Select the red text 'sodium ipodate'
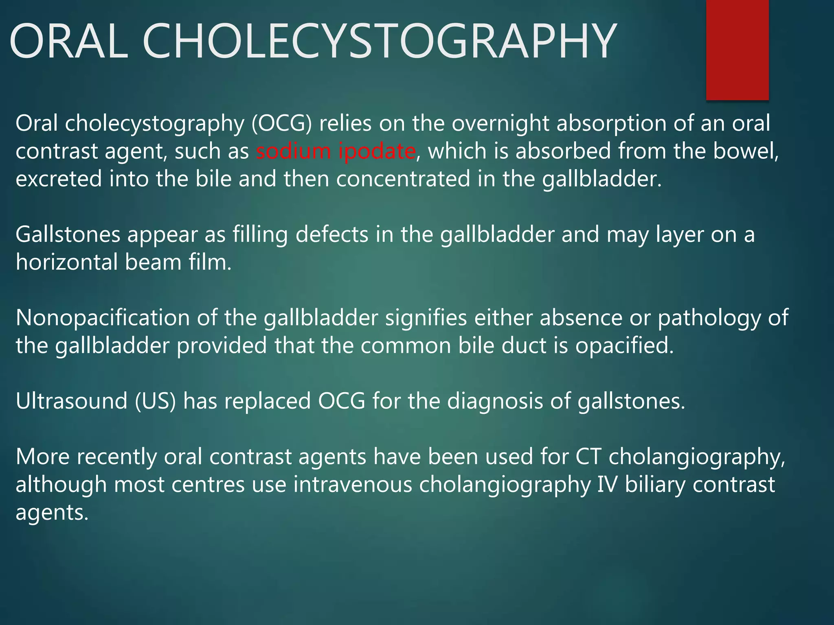coord(336,151)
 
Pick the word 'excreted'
coord(59,179)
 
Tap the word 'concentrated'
coord(403,179)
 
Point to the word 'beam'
coord(153,262)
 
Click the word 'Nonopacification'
coord(103,318)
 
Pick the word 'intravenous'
coord(353,485)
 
